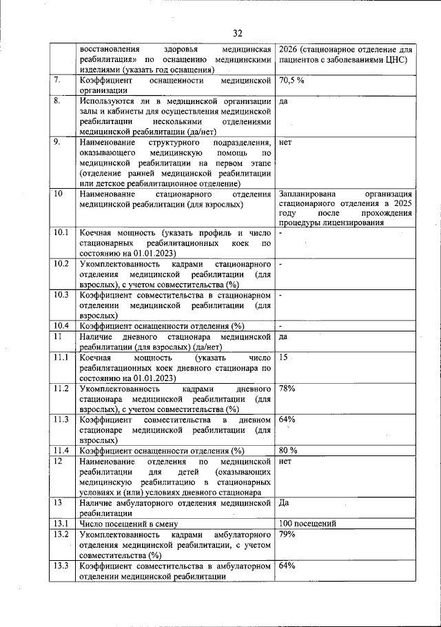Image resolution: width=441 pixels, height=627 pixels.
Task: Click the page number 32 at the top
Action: pos(238,33)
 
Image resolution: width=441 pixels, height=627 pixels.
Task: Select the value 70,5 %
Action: pos(292,81)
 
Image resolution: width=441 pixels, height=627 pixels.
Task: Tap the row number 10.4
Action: pos(62,326)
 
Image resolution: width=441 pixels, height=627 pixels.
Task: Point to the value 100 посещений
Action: pos(307,523)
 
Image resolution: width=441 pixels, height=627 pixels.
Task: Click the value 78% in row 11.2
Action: pos(287,389)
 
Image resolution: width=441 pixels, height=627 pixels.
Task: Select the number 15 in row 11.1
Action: pos(284,358)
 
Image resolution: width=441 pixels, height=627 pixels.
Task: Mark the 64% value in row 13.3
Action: pos(287,566)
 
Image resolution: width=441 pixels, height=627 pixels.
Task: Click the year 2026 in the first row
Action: pos(289,50)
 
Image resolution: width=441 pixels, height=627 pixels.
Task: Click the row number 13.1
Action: pos(62,523)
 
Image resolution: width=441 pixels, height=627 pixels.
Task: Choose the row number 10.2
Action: pos(62,264)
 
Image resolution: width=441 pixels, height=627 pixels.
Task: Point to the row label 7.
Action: pos(58,81)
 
